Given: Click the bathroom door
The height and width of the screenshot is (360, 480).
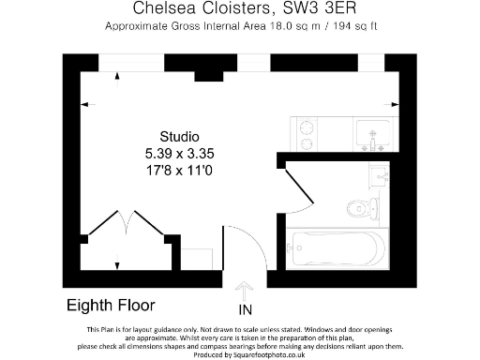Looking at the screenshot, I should (x=294, y=177).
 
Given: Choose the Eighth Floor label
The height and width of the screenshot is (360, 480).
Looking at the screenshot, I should (x=111, y=306).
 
